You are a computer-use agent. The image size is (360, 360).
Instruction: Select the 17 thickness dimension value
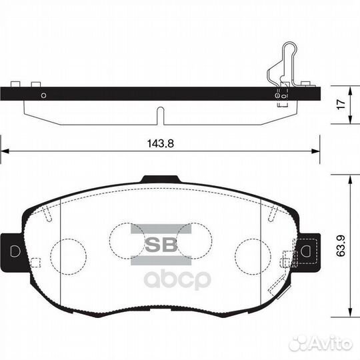point(340,105)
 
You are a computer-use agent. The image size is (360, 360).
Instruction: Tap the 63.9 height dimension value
point(340,247)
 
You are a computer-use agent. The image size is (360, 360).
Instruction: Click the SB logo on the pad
point(161,243)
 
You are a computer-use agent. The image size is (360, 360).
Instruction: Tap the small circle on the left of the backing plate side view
point(43,95)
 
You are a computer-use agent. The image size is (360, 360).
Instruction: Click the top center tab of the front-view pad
point(160,178)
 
